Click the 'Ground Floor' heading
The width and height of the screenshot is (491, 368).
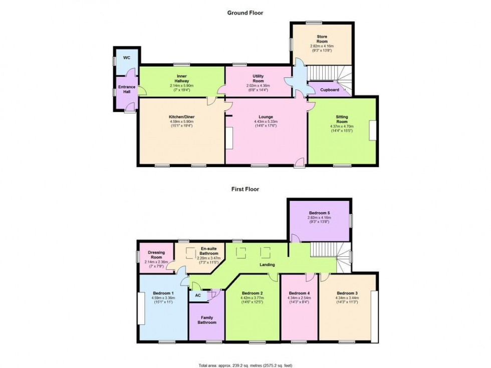[x=245, y=13]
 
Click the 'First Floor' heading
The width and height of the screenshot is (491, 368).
[x=245, y=189]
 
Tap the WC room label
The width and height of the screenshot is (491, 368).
[x=127, y=58]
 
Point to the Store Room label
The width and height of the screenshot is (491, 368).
[x=321, y=39]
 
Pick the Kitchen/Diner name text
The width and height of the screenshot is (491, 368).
[x=181, y=117]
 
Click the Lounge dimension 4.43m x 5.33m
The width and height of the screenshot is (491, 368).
[x=266, y=122]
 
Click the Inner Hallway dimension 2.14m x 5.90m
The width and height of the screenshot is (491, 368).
[x=181, y=86]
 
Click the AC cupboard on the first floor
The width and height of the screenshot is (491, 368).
[x=197, y=295]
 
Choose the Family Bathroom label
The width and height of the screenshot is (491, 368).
[x=206, y=320]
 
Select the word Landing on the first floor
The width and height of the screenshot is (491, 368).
[x=266, y=265]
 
